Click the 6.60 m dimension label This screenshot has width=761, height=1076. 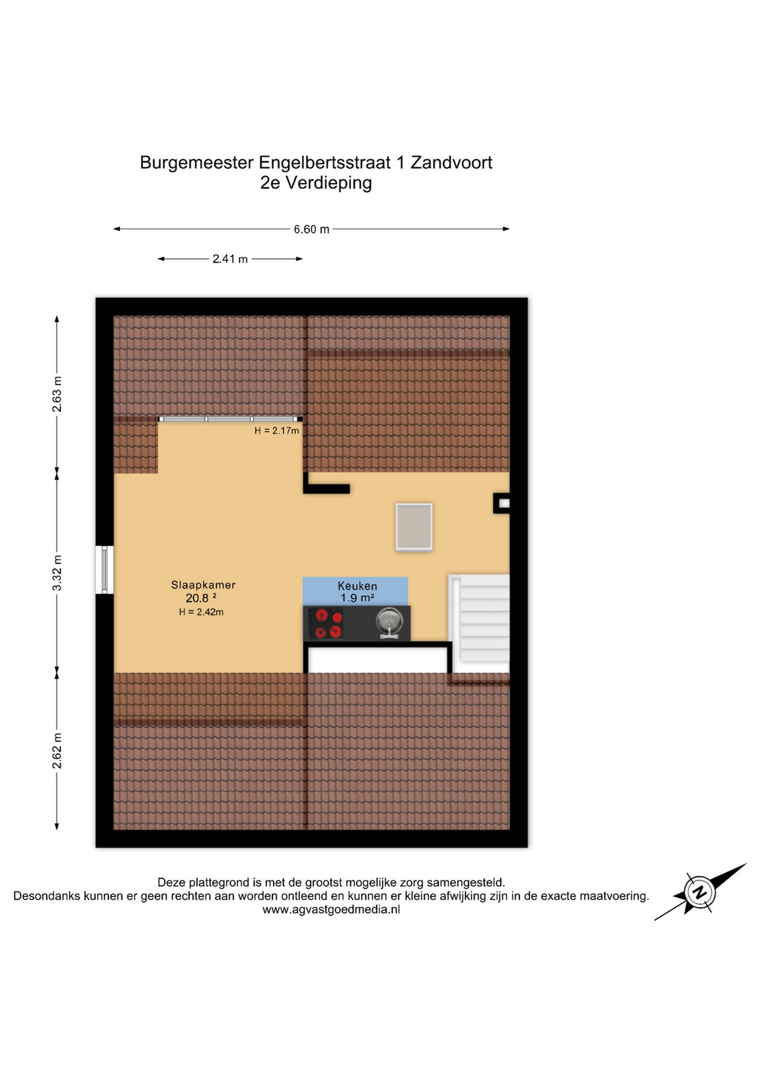[312, 230]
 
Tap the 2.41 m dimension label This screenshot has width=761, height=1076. [230, 259]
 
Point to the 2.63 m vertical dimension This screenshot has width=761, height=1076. [57, 394]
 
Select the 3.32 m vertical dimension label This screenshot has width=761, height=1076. [57, 573]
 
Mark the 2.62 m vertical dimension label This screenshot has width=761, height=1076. [57, 751]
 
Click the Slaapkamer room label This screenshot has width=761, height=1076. [203, 585]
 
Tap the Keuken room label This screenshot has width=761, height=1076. [358, 586]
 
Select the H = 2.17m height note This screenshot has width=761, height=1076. [277, 431]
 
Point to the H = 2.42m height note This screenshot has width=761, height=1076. [201, 612]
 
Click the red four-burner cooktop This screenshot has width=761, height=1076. [324, 623]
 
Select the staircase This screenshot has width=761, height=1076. [479, 623]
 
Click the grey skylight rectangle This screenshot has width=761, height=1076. [414, 527]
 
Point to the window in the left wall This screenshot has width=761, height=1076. [104, 569]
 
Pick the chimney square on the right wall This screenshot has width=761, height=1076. [502, 503]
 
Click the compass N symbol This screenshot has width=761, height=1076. [699, 892]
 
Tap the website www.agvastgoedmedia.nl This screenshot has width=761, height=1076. [331, 909]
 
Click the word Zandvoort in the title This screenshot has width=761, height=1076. [451, 163]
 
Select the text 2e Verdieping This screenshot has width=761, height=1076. [316, 184]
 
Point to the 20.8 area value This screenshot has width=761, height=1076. [197, 598]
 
